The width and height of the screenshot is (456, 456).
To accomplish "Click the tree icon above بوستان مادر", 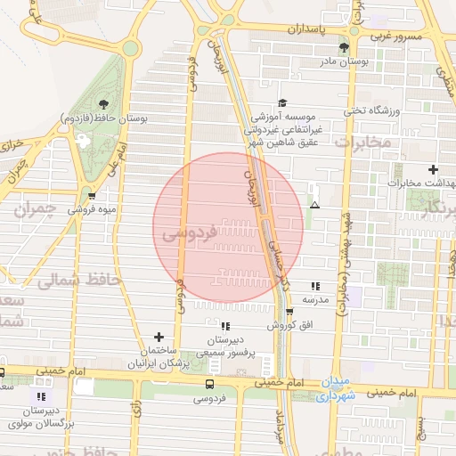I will click(x=345, y=47).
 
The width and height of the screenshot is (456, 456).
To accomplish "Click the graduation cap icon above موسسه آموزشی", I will click(x=282, y=102).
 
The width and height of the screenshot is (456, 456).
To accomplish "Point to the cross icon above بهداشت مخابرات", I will click(x=433, y=169).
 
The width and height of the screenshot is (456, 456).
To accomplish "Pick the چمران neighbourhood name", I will click(x=37, y=211).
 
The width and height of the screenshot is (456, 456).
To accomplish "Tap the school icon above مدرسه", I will click(x=315, y=287).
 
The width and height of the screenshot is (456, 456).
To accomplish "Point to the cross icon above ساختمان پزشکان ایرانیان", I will click(x=159, y=337).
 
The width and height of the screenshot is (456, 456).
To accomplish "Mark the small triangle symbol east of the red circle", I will click(x=313, y=205).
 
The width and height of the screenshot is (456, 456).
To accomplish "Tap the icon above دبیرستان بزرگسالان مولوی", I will click(x=40, y=395).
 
